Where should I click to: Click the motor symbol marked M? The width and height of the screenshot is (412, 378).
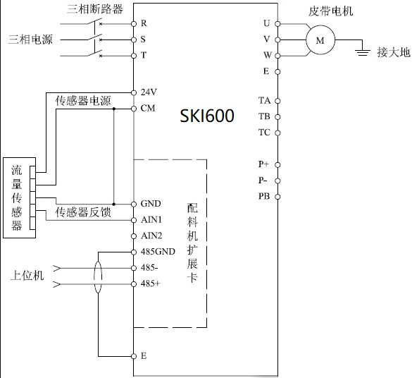click(x=320, y=40)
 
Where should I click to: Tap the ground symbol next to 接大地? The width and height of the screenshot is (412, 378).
click(x=363, y=51)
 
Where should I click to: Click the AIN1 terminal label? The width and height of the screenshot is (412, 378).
click(x=151, y=219)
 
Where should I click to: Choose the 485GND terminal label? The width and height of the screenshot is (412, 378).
click(x=157, y=252)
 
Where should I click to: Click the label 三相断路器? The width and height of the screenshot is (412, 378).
click(x=94, y=9)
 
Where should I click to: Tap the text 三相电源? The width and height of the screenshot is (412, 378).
click(x=30, y=39)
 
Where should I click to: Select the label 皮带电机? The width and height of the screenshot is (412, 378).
click(x=331, y=11)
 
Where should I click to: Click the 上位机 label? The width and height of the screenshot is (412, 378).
click(x=28, y=276)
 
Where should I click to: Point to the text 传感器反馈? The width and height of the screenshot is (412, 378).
click(x=83, y=212)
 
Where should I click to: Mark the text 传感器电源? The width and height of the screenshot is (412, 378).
click(x=83, y=102)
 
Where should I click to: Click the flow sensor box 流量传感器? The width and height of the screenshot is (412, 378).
click(x=17, y=198)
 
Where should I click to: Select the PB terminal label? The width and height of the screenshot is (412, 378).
click(x=263, y=196)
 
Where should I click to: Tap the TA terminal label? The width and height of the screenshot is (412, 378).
click(x=264, y=101)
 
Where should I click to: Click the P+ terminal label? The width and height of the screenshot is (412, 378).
click(x=263, y=164)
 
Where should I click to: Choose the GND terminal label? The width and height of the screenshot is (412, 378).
click(x=151, y=204)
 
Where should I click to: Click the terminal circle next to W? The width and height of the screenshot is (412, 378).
click(x=277, y=55)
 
